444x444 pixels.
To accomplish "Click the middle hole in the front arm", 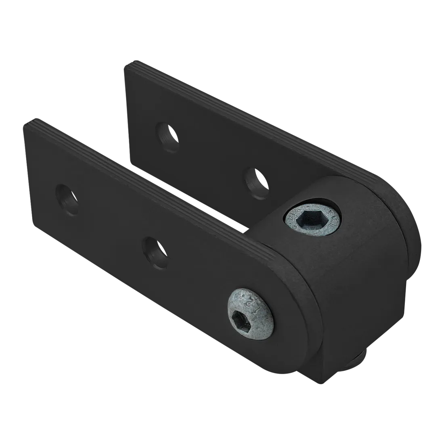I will [155, 252].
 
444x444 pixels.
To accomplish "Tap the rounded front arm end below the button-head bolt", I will [283, 343].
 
